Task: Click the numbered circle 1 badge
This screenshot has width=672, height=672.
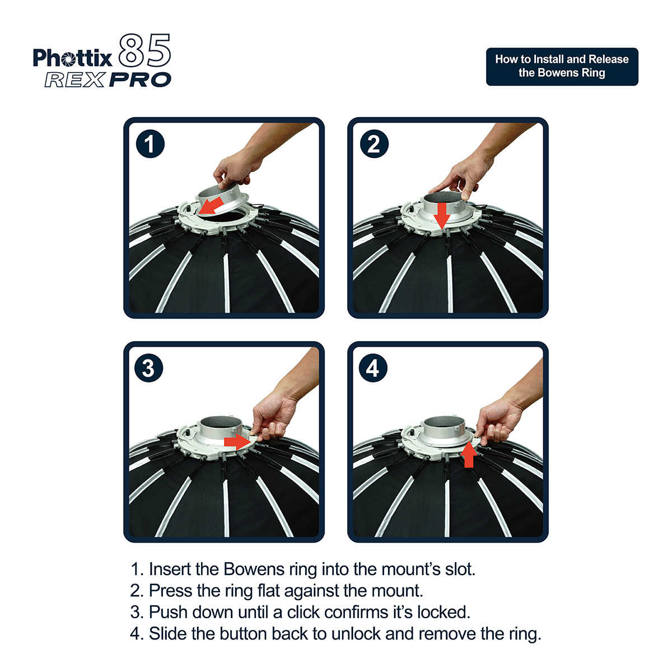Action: tap(150, 144)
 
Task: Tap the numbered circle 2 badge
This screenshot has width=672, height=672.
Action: tap(374, 144)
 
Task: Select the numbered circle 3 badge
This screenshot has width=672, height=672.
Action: tap(148, 368)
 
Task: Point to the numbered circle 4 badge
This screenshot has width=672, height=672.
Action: tap(373, 368)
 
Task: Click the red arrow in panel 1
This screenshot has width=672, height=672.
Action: tap(211, 206)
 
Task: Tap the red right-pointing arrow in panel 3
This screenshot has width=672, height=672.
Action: tap(237, 442)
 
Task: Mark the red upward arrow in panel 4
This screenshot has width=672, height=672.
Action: tap(469, 454)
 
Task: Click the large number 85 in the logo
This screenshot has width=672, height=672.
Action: tap(144, 50)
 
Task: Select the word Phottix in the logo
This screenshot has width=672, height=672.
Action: tap(73, 58)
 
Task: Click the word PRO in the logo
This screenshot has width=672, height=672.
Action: tap(140, 80)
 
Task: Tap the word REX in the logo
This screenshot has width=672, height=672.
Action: tap(75, 80)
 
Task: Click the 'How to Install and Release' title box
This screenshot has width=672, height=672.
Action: tap(562, 66)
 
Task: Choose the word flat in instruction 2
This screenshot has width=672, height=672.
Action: tap(269, 590)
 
